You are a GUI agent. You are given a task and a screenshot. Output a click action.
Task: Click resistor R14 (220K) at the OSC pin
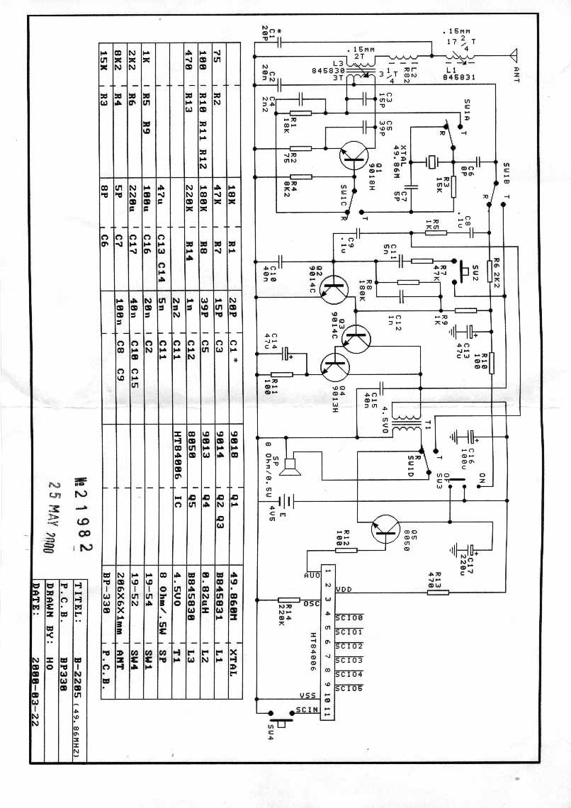(287, 602)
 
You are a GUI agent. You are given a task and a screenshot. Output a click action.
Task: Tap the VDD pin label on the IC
(343, 589)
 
